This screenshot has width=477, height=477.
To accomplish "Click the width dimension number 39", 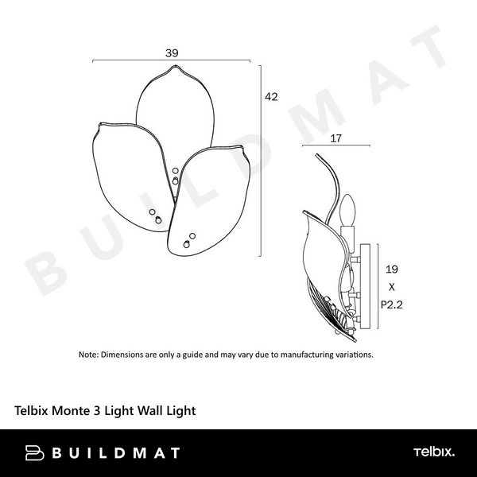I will [172, 52].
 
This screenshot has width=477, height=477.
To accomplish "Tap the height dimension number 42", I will [271, 97].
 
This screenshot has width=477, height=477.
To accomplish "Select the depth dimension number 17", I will [335, 138].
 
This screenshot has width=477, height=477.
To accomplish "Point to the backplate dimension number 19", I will [390, 269].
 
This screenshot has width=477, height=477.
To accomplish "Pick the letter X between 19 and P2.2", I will [390, 286].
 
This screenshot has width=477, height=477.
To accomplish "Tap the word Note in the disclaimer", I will [88, 355].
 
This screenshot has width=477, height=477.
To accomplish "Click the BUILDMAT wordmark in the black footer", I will [116, 453].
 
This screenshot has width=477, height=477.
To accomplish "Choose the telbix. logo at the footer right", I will [433, 452].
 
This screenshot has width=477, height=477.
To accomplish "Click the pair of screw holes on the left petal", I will [155, 215].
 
